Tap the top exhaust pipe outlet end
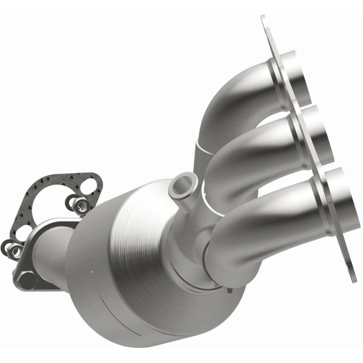[298, 77]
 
